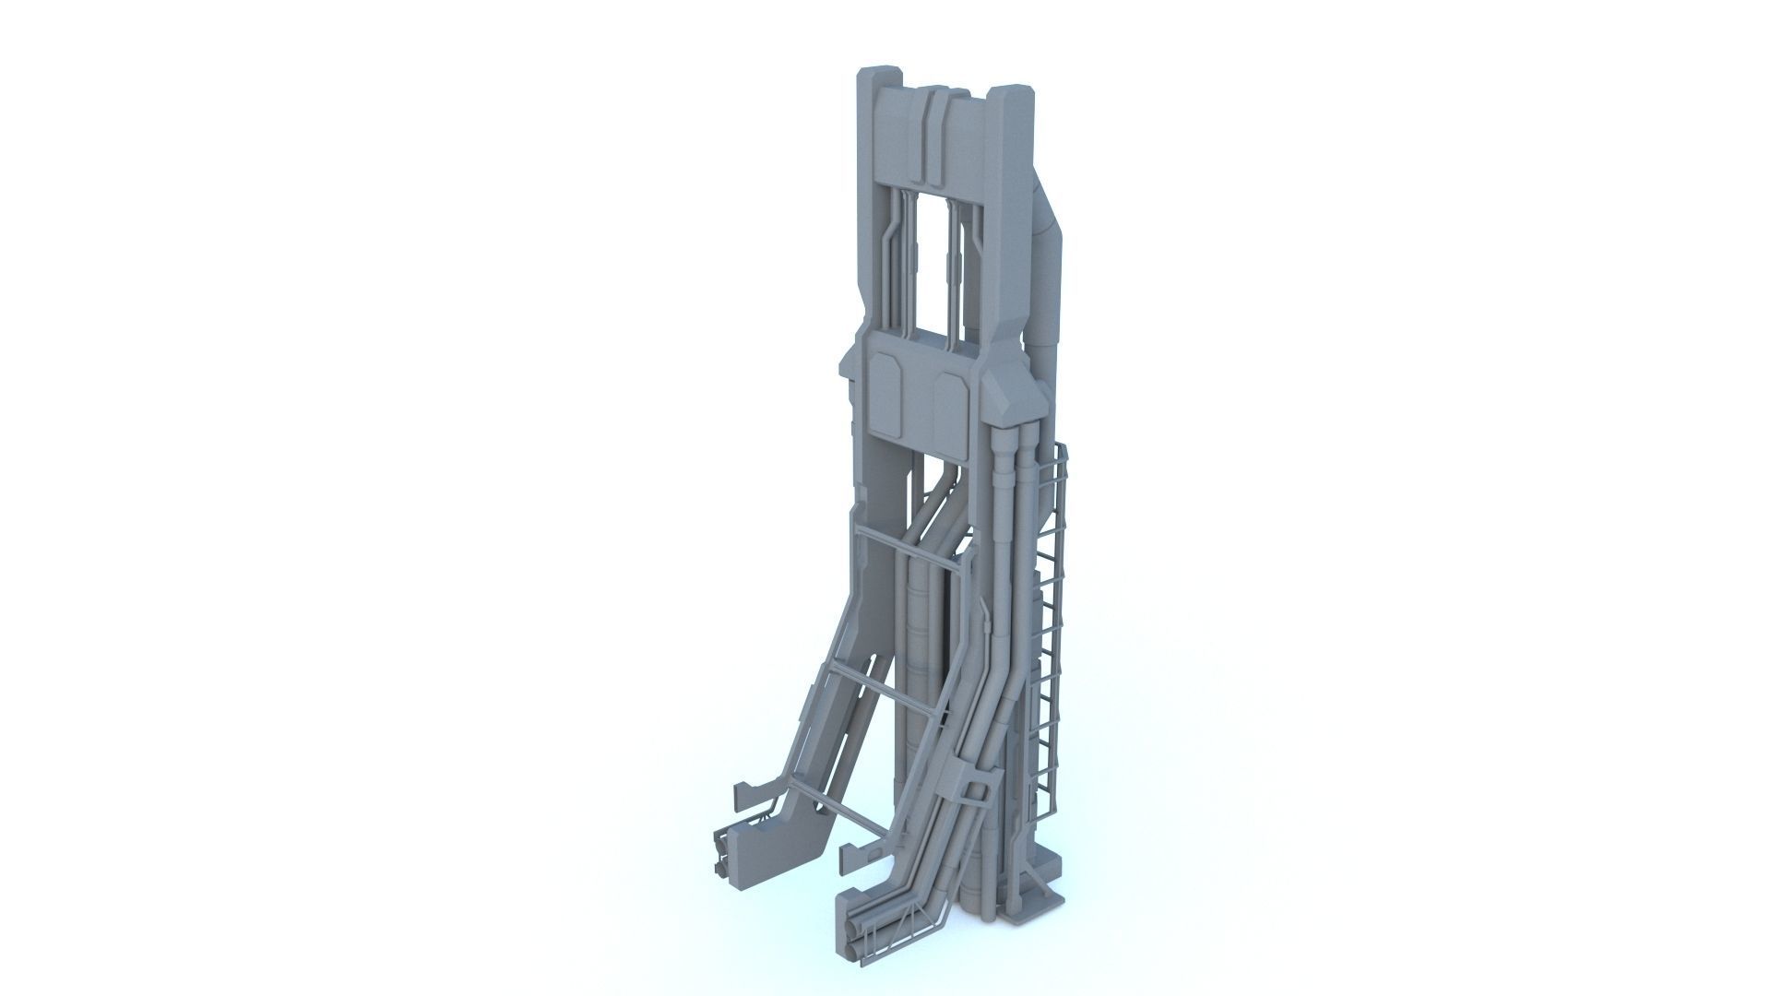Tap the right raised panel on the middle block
(950, 401)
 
